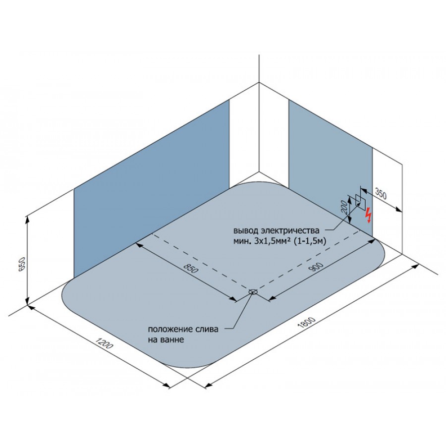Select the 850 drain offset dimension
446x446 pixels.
191,268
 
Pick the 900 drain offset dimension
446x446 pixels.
316,267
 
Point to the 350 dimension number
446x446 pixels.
381,194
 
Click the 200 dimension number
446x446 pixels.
344,207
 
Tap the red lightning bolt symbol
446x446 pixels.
369,215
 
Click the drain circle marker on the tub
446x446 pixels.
253,291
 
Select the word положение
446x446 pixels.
167,330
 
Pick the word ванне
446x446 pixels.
170,339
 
